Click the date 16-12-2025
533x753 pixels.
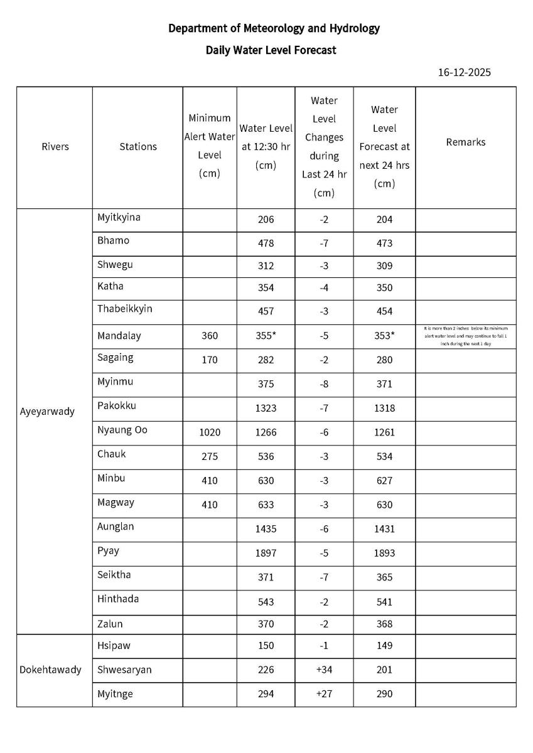(x=464, y=72)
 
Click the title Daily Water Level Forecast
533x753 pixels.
(x=271, y=50)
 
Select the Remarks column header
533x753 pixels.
(x=465, y=142)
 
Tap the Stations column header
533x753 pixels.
(x=138, y=146)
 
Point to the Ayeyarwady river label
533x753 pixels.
(x=47, y=412)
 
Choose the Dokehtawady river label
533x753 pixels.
(x=51, y=670)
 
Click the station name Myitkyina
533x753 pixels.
(x=119, y=218)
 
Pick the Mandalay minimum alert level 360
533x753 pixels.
(x=210, y=336)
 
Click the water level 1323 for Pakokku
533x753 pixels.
(x=266, y=408)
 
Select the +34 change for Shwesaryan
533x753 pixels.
(x=324, y=670)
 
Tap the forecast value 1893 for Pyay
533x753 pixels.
(x=384, y=553)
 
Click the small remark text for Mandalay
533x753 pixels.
(x=465, y=336)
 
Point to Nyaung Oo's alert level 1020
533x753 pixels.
(x=210, y=432)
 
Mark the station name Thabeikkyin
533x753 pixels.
(x=124, y=309)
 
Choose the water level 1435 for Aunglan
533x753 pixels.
(x=266, y=529)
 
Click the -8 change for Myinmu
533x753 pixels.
(x=324, y=384)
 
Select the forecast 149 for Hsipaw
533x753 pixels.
(x=384, y=646)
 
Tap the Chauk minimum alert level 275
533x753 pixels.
(x=210, y=456)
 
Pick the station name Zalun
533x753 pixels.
(x=110, y=624)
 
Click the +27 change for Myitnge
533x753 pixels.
(x=324, y=694)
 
